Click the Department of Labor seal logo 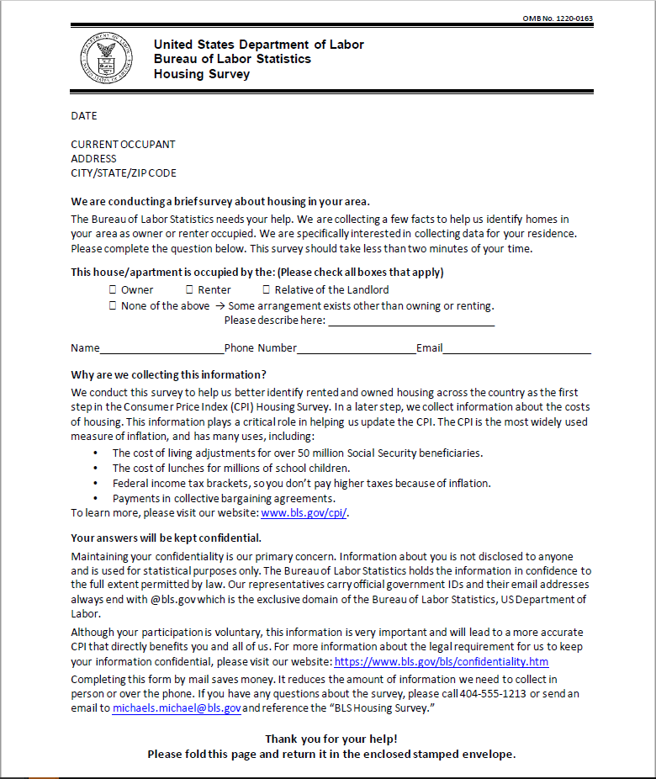click(106, 58)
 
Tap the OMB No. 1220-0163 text click(557, 19)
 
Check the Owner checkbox click(112, 289)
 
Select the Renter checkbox click(189, 289)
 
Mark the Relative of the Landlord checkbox click(266, 289)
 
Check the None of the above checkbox click(112, 306)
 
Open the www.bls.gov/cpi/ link click(304, 513)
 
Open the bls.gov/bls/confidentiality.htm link click(441, 662)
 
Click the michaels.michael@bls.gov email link click(177, 708)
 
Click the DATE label click(84, 116)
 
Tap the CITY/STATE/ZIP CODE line click(124, 173)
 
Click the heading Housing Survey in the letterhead click(202, 74)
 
